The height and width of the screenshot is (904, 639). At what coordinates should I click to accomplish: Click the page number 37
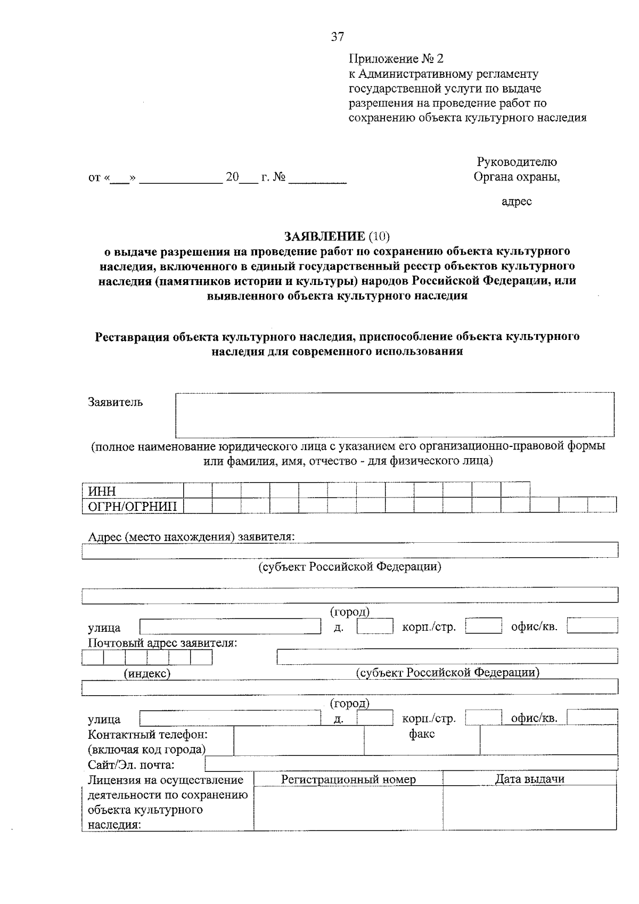click(338, 37)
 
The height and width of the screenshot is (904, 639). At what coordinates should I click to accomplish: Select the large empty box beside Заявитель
click(395, 415)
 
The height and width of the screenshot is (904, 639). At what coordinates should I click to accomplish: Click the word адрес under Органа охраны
click(517, 201)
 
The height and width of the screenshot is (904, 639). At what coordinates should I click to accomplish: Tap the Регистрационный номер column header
click(348, 779)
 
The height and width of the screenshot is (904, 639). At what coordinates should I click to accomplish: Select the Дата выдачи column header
click(529, 779)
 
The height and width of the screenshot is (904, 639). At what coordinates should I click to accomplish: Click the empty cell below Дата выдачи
click(529, 808)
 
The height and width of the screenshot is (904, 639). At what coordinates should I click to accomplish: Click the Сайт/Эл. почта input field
click(411, 764)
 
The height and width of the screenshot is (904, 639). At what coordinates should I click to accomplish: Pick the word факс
click(422, 735)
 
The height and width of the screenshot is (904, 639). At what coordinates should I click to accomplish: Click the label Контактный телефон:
click(148, 735)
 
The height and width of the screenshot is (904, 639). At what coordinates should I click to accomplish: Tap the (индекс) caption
click(147, 674)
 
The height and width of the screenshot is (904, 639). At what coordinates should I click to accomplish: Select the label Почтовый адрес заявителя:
click(162, 643)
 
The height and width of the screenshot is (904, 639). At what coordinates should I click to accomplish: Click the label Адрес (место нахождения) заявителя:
click(191, 536)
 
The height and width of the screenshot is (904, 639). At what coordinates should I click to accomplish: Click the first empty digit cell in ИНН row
click(198, 490)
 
